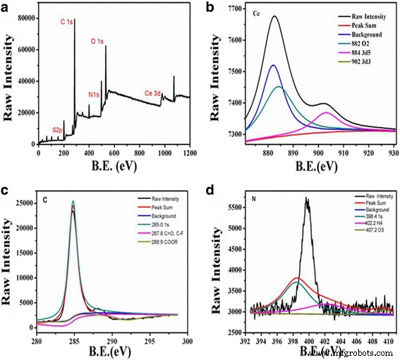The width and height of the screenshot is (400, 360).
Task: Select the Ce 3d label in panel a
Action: (x=157, y=92)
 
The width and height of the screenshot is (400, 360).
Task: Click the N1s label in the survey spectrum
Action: (x=94, y=93)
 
